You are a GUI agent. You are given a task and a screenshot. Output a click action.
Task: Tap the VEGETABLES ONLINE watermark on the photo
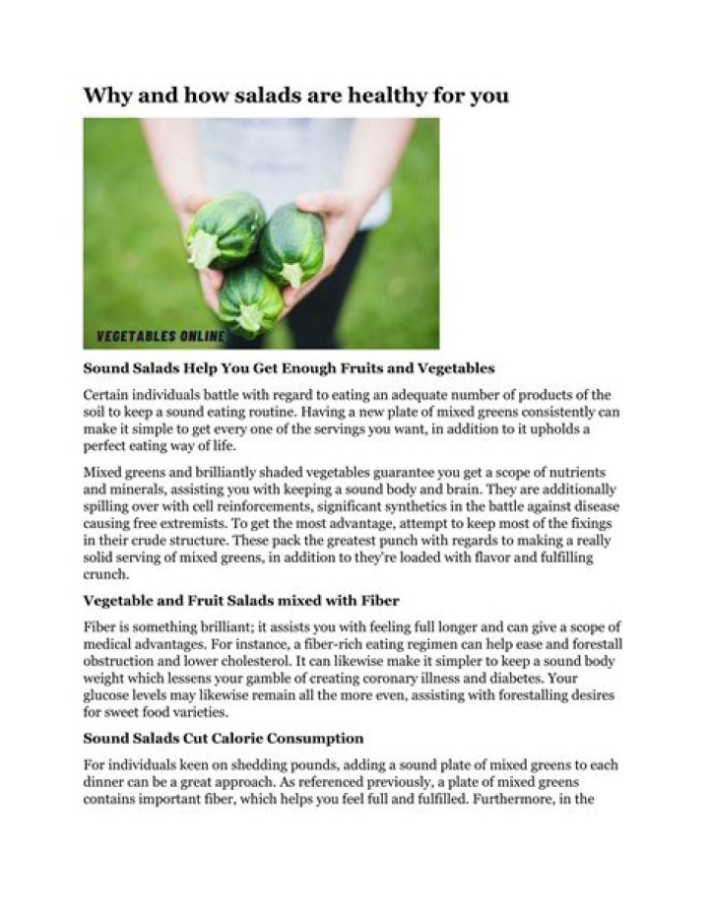click(x=161, y=337)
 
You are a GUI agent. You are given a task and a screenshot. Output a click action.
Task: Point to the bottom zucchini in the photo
click(x=250, y=300)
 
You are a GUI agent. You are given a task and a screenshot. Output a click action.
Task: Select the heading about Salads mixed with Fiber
click(x=240, y=600)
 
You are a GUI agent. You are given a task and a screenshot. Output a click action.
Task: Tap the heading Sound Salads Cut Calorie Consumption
click(x=224, y=738)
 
